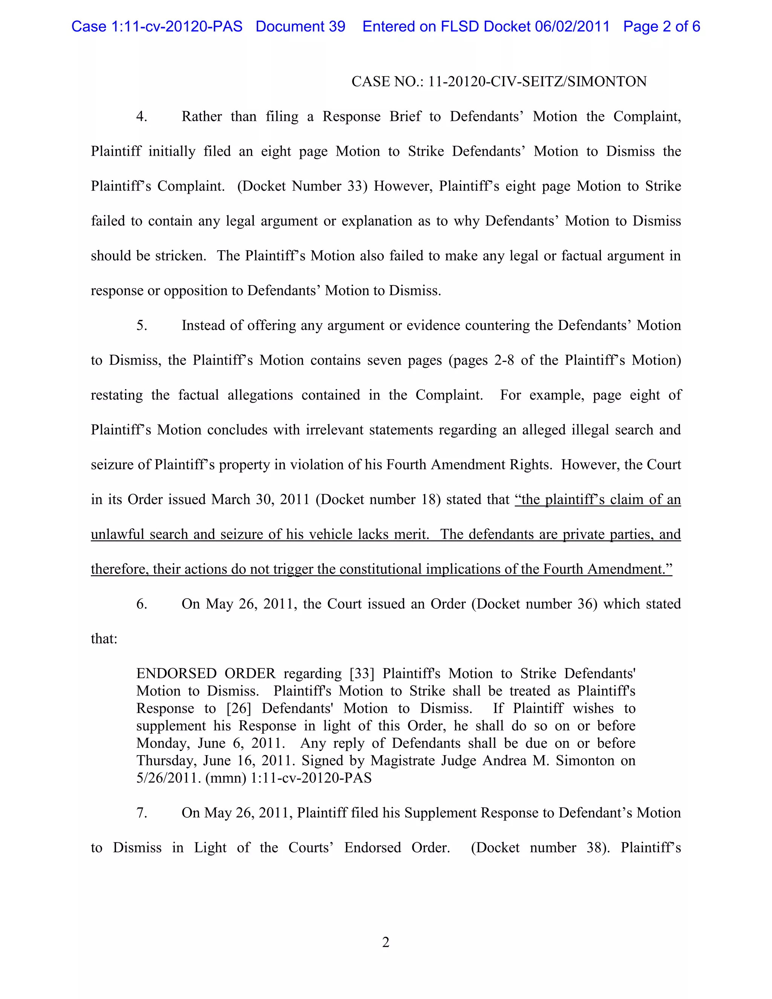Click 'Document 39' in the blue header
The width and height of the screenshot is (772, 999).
click(300, 26)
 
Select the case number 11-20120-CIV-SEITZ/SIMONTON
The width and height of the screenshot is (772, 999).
click(538, 82)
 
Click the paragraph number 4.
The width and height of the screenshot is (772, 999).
click(141, 116)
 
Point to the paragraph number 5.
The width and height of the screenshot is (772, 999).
click(141, 326)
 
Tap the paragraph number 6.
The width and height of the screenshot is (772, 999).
click(141, 604)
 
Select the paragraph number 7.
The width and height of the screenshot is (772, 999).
click(141, 813)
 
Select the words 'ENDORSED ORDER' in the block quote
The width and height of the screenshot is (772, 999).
click(206, 674)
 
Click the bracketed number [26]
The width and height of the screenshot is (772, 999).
click(239, 709)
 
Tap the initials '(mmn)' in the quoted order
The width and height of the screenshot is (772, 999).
click(226, 778)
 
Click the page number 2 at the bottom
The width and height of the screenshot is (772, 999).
click(386, 942)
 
